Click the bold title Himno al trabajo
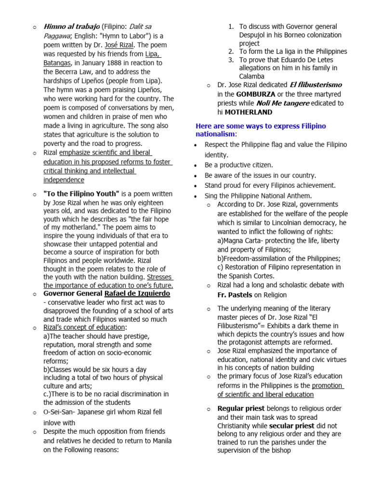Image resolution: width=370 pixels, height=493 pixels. [71, 26]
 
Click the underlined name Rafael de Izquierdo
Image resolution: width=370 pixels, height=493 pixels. [137, 293]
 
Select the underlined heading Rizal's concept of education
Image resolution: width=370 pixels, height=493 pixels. [84, 327]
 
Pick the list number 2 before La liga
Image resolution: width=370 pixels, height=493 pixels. [231, 51]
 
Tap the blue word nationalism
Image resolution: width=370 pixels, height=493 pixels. [215, 134]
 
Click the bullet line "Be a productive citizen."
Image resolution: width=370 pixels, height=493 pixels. [238, 165]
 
